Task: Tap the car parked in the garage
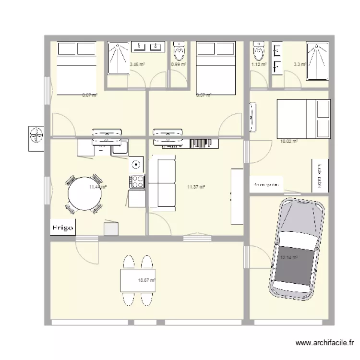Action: pos(296,249)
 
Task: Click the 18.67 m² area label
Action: pos(147,280)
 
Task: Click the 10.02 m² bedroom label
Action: pos(289,142)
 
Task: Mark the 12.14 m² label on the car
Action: pos(289,258)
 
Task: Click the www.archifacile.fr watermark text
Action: pos(325,343)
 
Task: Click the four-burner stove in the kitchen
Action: pos(137,182)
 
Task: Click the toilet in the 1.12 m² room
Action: pos(259,49)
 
